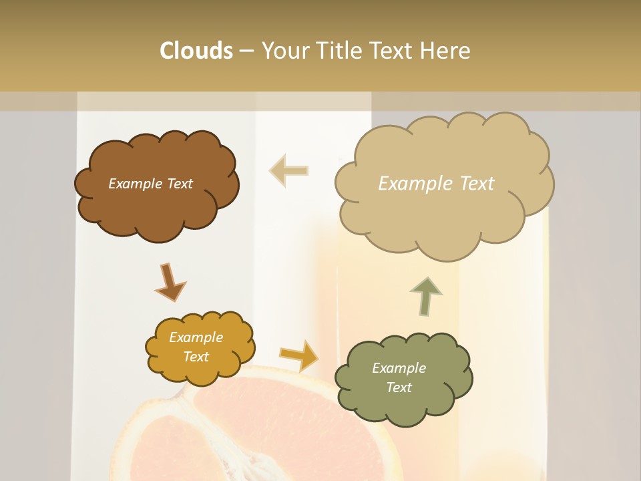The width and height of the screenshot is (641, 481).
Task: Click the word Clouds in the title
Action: [x=196, y=51]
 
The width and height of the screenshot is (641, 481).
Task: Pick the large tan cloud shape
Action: [x=441, y=220]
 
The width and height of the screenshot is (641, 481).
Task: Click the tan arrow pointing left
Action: [x=288, y=170]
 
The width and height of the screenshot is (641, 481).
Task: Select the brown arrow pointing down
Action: [x=170, y=281]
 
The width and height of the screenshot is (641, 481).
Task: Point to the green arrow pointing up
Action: [x=426, y=295]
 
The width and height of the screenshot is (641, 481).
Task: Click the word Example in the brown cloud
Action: [x=134, y=184]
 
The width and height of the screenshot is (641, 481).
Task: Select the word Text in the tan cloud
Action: [x=472, y=184]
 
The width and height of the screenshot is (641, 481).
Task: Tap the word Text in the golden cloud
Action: [x=196, y=357]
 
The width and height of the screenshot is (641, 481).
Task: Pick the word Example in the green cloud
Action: [x=399, y=368]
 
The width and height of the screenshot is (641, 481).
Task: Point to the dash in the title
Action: [x=246, y=51]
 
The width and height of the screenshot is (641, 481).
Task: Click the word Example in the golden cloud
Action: [x=196, y=337]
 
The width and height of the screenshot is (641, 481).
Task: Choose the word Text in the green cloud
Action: [x=399, y=387]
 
